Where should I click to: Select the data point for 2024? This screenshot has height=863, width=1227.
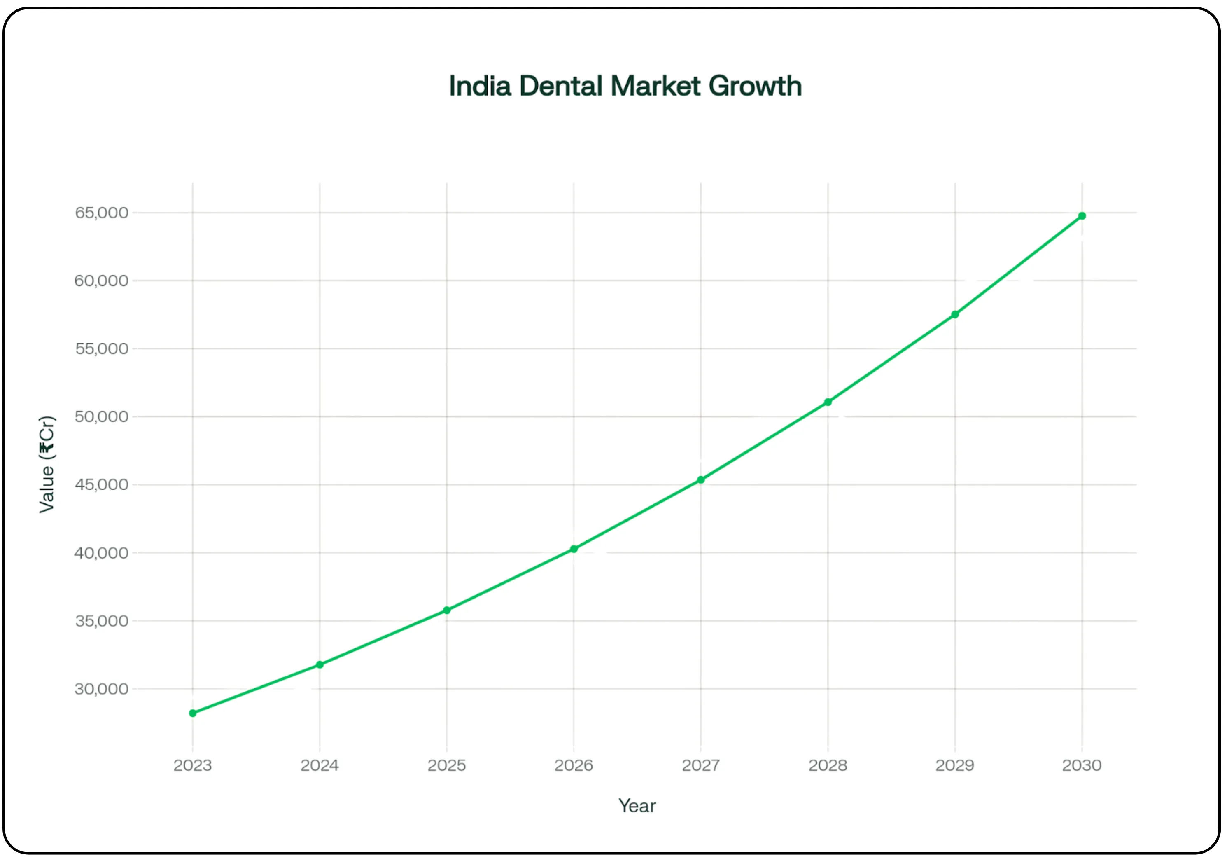(x=320, y=664)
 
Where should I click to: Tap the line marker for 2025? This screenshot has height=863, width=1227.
(x=447, y=610)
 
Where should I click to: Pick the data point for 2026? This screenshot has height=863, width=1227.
(x=574, y=549)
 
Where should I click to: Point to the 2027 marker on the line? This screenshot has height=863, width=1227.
(x=701, y=479)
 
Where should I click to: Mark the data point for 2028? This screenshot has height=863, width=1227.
(x=828, y=402)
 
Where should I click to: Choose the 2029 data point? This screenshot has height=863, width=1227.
(x=955, y=314)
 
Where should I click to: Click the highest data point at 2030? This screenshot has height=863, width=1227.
(x=1082, y=216)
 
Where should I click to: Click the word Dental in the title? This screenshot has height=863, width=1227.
(x=561, y=86)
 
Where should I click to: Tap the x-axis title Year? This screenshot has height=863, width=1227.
(x=637, y=806)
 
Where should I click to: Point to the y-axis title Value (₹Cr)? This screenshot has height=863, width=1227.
(x=47, y=464)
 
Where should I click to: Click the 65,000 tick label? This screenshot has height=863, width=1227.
(x=102, y=213)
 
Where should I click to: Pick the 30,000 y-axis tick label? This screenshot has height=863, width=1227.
(x=102, y=689)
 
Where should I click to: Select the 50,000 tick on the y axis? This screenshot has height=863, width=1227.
(x=102, y=416)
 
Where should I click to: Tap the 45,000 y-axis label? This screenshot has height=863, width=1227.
(x=102, y=484)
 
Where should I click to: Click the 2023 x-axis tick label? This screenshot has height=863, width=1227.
(x=193, y=765)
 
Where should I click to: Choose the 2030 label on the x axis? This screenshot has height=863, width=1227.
(x=1082, y=765)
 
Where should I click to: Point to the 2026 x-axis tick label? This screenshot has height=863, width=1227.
(x=574, y=765)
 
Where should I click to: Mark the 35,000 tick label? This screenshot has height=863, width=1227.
(x=102, y=621)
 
